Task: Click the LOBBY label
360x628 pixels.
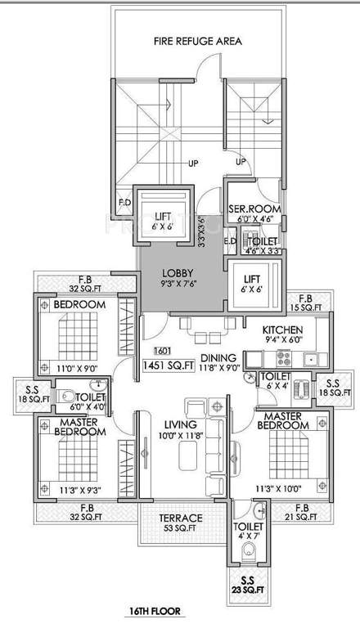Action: pos(177,273)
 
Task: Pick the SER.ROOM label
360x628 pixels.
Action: pos(255,209)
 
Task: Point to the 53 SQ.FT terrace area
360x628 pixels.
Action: pos(158,529)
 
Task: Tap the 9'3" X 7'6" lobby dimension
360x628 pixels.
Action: pos(177,285)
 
